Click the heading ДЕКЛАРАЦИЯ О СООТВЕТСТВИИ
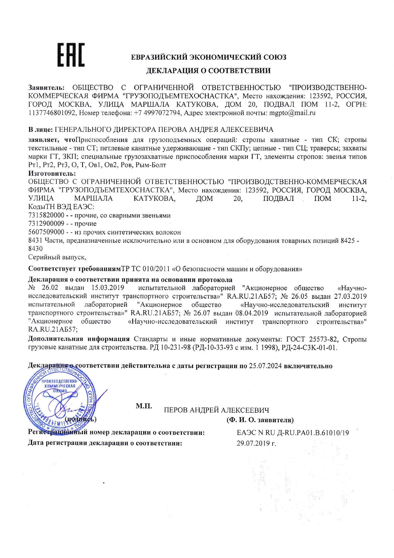208,71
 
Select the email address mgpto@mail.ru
292,113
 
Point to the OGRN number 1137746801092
52,113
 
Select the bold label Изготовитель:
52,173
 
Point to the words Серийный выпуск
57,257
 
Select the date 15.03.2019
108,288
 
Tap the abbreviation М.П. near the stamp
144,406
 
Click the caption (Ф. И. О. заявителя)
260,420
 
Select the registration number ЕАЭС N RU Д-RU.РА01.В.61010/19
293,433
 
